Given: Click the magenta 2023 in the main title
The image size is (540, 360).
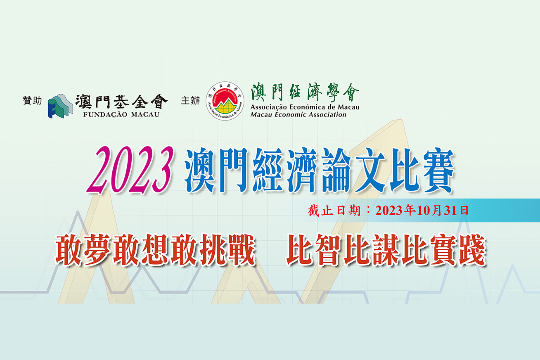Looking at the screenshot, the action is pyautogui.click(x=130, y=170).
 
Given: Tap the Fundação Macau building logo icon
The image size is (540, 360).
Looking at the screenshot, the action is pyautogui.click(x=60, y=106).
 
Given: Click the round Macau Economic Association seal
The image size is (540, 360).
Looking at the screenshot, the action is pyautogui.click(x=225, y=101).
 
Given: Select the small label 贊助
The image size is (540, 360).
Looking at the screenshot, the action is pyautogui.click(x=32, y=101).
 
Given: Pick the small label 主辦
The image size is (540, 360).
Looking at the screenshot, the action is pyautogui.click(x=190, y=101).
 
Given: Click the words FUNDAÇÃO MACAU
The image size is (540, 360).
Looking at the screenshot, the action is pyautogui.click(x=121, y=114).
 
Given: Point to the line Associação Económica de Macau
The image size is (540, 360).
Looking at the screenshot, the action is pyautogui.click(x=305, y=107).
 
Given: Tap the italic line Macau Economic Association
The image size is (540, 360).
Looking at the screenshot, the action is pyautogui.click(x=298, y=114).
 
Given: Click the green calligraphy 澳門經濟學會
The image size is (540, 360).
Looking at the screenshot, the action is pyautogui.click(x=305, y=92).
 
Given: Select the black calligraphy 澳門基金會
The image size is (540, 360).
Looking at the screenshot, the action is pyautogui.click(x=121, y=101).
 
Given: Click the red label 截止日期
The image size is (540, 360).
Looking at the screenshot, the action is pyautogui.click(x=334, y=211).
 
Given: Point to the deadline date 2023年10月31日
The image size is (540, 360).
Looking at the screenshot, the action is pyautogui.click(x=422, y=211).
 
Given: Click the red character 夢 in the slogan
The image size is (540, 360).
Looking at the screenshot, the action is pyautogui.click(x=98, y=250).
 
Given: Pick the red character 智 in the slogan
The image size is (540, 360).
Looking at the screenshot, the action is pyautogui.click(x=329, y=250).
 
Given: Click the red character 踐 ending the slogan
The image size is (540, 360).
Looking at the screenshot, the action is pyautogui.click(x=472, y=250).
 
